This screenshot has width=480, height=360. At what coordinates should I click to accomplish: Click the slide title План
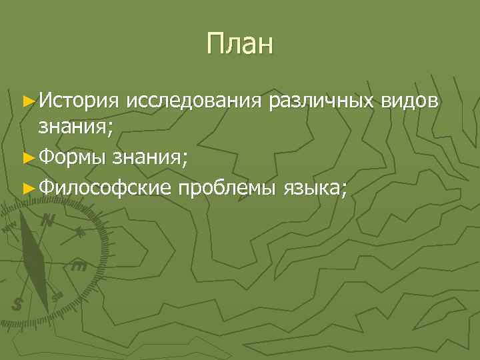point(240,45)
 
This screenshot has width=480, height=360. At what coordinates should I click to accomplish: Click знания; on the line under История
point(75,127)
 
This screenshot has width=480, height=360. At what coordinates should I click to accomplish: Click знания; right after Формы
point(150,157)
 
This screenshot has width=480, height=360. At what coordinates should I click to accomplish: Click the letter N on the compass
point(47,221)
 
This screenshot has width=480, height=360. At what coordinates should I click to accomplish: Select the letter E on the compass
point(78,266)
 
